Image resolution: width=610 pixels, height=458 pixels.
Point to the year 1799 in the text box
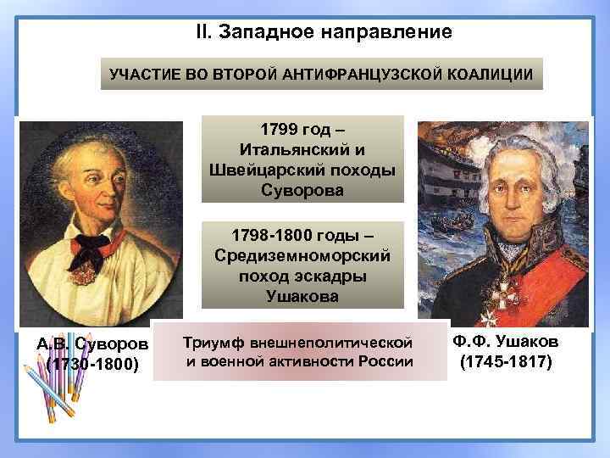click(x=279, y=132)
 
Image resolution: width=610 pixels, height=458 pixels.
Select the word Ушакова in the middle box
click(x=302, y=296)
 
